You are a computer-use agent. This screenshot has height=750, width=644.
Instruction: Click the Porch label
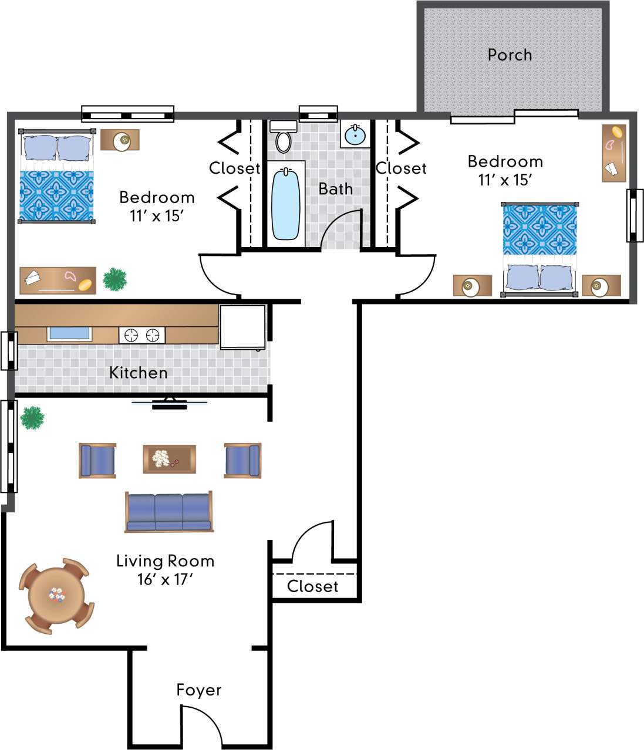[x=510, y=55]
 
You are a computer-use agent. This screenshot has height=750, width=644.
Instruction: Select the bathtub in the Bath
[x=286, y=204]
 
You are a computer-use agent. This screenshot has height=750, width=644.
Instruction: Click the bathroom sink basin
[x=355, y=136]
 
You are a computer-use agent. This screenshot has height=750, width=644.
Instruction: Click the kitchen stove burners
[x=141, y=335]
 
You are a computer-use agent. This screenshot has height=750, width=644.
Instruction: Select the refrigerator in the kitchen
[x=242, y=327]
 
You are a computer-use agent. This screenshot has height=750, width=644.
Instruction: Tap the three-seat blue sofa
[x=168, y=512]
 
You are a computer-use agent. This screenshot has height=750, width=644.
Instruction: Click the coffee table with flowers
[x=169, y=459]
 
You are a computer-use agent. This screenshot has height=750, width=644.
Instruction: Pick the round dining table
[x=56, y=596]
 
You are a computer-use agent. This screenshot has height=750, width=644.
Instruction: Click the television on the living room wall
[x=169, y=404]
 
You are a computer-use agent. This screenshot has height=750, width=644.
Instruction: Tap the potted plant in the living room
[x=32, y=418]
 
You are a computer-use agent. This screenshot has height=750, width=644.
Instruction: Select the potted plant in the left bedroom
[x=115, y=279]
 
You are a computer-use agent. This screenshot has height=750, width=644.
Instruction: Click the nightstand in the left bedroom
[x=120, y=140]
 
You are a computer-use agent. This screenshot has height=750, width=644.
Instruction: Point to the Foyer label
[x=199, y=690]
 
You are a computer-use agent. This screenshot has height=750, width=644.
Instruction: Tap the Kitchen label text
[x=138, y=373]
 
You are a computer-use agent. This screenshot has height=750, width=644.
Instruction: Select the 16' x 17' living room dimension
[x=165, y=580]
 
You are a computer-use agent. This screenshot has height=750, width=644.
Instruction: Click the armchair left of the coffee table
[x=97, y=460]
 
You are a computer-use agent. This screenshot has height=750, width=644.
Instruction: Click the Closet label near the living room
[x=312, y=586]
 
